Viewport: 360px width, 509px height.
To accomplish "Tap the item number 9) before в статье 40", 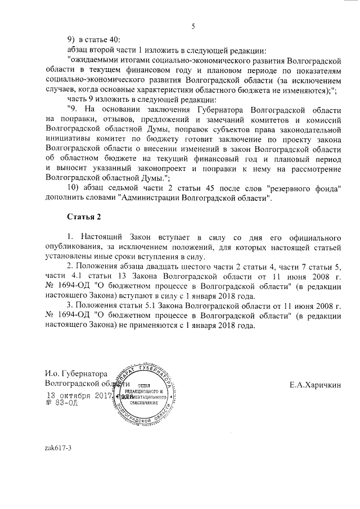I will coord(71,40).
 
